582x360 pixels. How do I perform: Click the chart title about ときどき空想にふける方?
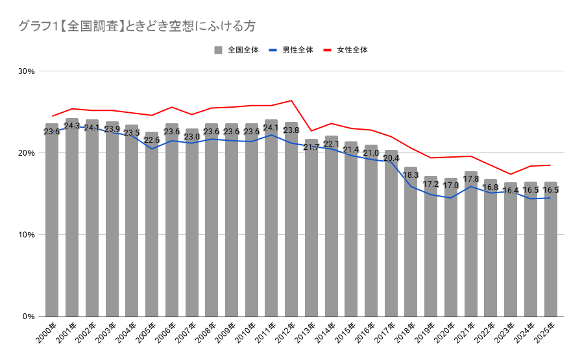point(137,27)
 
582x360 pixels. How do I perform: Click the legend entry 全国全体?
point(236,50)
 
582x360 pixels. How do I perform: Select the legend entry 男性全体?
point(291,50)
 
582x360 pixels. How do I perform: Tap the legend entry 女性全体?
point(346,50)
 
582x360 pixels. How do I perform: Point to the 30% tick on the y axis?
point(27,71)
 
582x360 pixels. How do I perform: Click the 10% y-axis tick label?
point(27,235)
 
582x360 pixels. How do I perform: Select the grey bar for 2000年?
point(52,220)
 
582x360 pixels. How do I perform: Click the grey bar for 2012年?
point(291,219)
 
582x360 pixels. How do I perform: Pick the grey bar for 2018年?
point(411,241)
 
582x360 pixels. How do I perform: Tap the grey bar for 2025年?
point(551,249)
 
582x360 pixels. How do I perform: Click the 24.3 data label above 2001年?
point(71,126)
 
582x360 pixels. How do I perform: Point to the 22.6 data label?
point(151,140)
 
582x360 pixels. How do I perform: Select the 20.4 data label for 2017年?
point(391,158)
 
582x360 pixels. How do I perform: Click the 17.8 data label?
point(471,179)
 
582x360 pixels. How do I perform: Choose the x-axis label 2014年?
point(325,332)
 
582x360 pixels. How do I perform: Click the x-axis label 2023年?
point(505,332)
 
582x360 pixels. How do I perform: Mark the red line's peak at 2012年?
point(291,101)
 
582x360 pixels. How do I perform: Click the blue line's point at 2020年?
point(451,198)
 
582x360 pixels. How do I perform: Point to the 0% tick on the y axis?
point(28,317)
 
